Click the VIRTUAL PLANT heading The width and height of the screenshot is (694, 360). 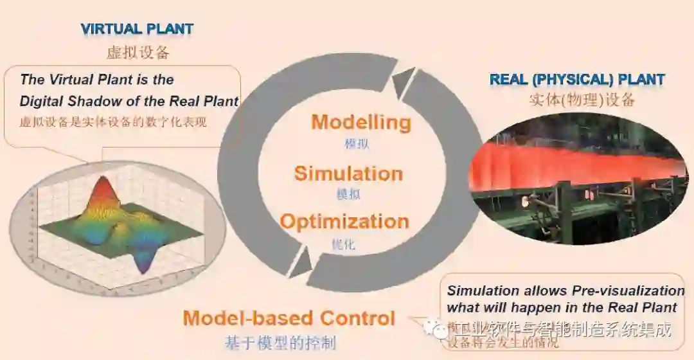click(137, 28)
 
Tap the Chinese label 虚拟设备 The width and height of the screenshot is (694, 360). click(138, 53)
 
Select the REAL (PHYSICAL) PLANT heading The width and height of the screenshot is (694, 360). click(577, 80)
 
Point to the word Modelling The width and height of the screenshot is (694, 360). click(361, 122)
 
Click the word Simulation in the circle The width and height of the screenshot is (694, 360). click(348, 174)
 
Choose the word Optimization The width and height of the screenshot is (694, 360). click(344, 222)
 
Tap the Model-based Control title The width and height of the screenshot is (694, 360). click(289, 318)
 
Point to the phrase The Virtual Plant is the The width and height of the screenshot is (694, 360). click(97, 80)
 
